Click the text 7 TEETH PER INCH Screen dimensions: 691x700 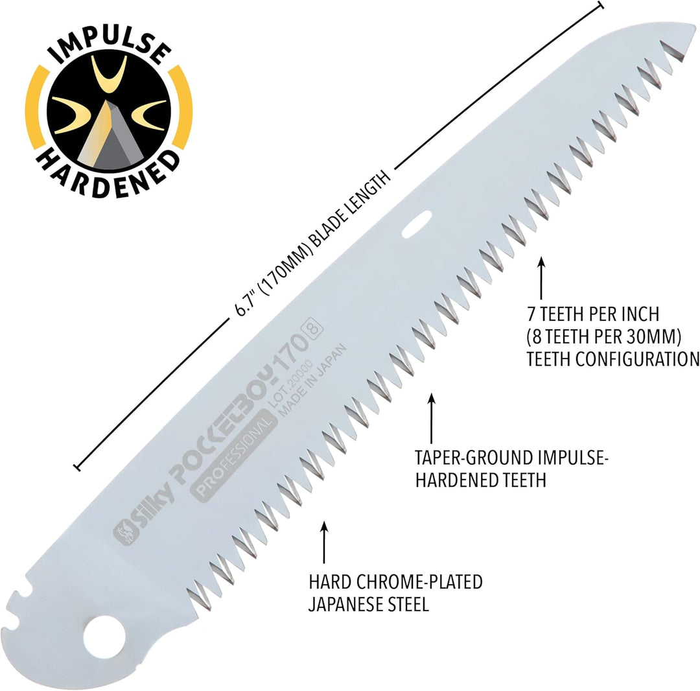pyautogui.click(x=593, y=315)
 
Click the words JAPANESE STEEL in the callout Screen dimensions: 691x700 pyautogui.click(x=368, y=604)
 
